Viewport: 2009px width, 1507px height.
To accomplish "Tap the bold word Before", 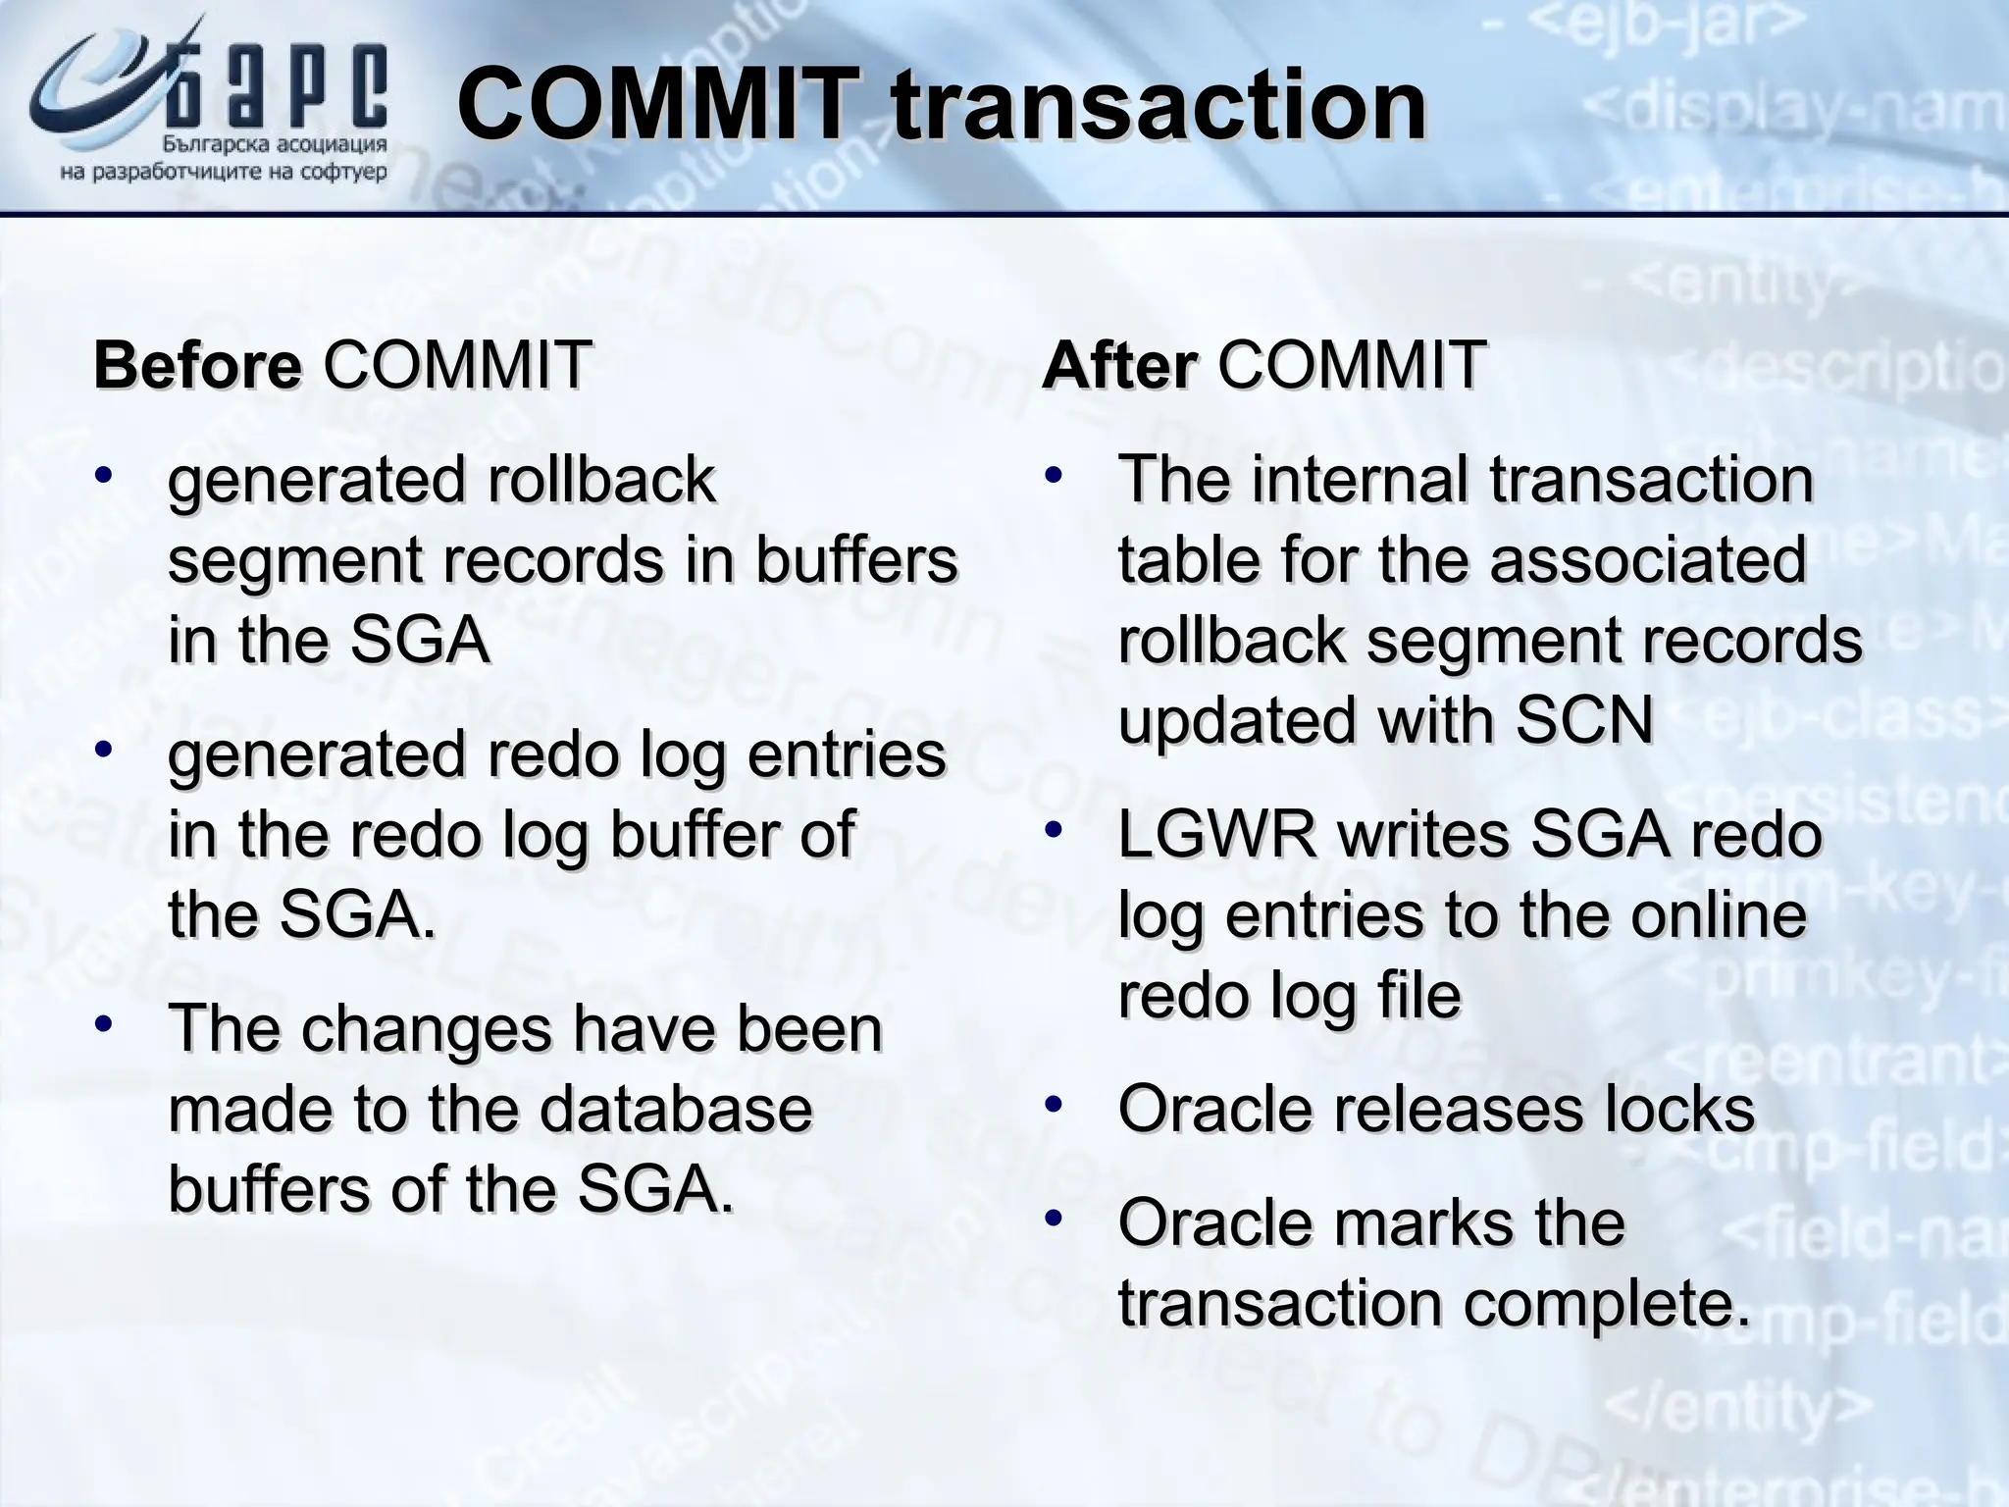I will (x=197, y=365).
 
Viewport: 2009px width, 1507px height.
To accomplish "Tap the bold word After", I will (x=1118, y=365).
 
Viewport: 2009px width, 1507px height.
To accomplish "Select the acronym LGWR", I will (x=1216, y=835).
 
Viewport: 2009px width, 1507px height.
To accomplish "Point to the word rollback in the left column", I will (x=600, y=480).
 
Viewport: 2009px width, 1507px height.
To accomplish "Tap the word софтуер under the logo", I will (x=346, y=174).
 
